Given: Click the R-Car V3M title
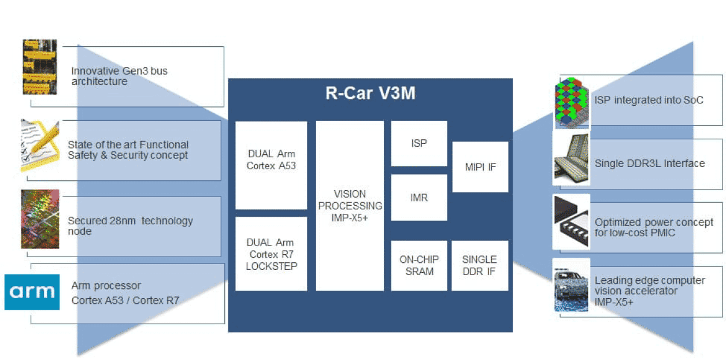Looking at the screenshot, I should (370, 93).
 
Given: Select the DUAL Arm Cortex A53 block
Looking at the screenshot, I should (271, 165).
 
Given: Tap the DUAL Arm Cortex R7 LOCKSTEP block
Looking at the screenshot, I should (271, 254).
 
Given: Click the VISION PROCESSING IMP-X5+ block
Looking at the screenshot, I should (350, 205).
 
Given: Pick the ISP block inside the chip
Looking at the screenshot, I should (419, 143).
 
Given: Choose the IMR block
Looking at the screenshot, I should (419, 198).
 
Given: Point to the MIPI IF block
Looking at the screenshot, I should (480, 167).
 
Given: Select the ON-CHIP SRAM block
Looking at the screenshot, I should (419, 265).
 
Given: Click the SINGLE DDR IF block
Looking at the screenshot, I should (480, 265).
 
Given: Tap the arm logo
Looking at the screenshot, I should (32, 292).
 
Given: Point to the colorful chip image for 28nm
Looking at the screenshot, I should (40, 219).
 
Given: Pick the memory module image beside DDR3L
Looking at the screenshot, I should (571, 159).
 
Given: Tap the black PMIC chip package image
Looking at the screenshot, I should (572, 222).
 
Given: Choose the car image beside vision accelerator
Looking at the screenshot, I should (572, 287).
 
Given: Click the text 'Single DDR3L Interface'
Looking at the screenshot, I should (650, 164).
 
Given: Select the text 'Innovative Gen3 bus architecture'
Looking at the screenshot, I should (119, 76).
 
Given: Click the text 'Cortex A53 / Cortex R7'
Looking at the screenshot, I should (125, 300).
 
